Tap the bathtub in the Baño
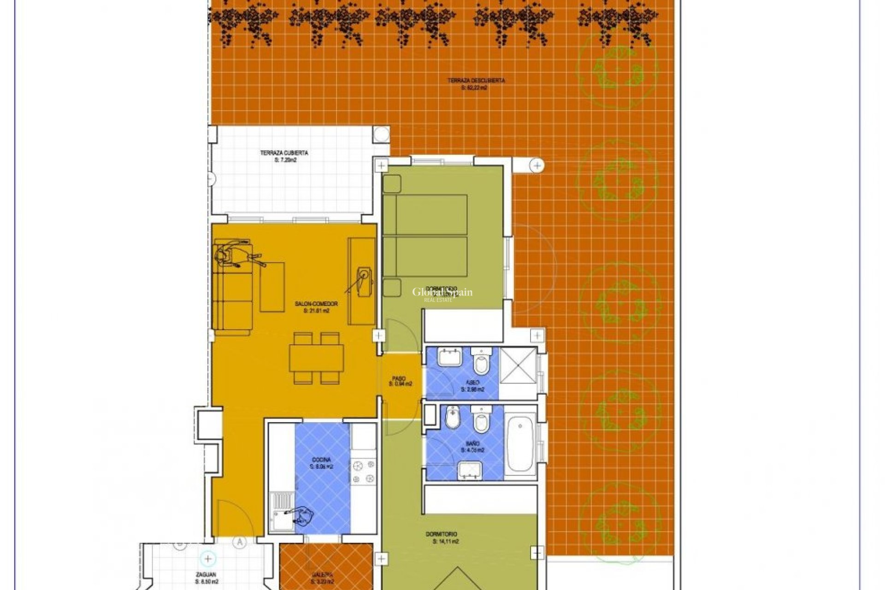[520, 443]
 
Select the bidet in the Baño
[453, 417]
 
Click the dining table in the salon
[317, 358]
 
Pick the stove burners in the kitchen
[363, 473]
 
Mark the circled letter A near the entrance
[239, 543]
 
